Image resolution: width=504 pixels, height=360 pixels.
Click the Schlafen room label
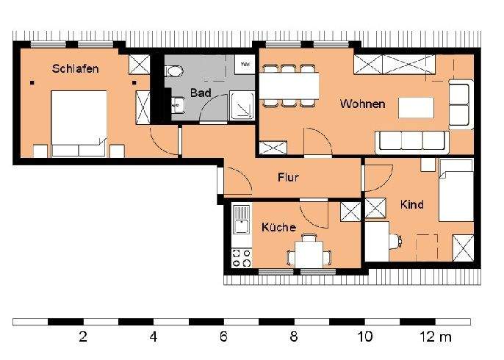(75, 68)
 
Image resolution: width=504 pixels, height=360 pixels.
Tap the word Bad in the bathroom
(200, 93)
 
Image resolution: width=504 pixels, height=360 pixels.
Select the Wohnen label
(362, 104)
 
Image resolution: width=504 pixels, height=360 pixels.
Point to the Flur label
(288, 177)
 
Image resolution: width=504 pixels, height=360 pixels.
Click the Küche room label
(278, 227)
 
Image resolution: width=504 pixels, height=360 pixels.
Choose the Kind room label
(411, 204)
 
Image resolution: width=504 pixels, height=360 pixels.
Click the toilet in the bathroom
(174, 71)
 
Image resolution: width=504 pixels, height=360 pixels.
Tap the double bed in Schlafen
(78, 120)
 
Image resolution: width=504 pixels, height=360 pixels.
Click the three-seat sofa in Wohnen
(411, 141)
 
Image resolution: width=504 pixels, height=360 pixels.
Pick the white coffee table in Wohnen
(416, 108)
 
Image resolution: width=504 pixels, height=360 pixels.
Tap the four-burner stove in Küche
(242, 257)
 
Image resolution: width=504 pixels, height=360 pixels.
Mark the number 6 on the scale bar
(223, 338)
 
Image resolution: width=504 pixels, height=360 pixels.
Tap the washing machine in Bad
(245, 65)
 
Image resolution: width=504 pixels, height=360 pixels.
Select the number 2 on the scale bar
(82, 338)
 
